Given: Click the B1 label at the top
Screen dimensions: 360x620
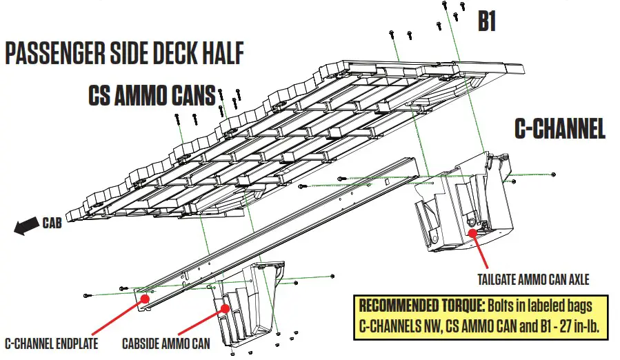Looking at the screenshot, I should click(x=488, y=21).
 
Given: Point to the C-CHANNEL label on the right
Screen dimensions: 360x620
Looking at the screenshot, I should click(x=559, y=129).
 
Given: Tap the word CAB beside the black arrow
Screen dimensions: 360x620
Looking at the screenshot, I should click(x=52, y=223).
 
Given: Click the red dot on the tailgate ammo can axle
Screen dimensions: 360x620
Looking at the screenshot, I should click(x=473, y=233).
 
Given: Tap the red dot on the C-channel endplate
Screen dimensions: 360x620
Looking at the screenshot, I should click(x=145, y=298).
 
